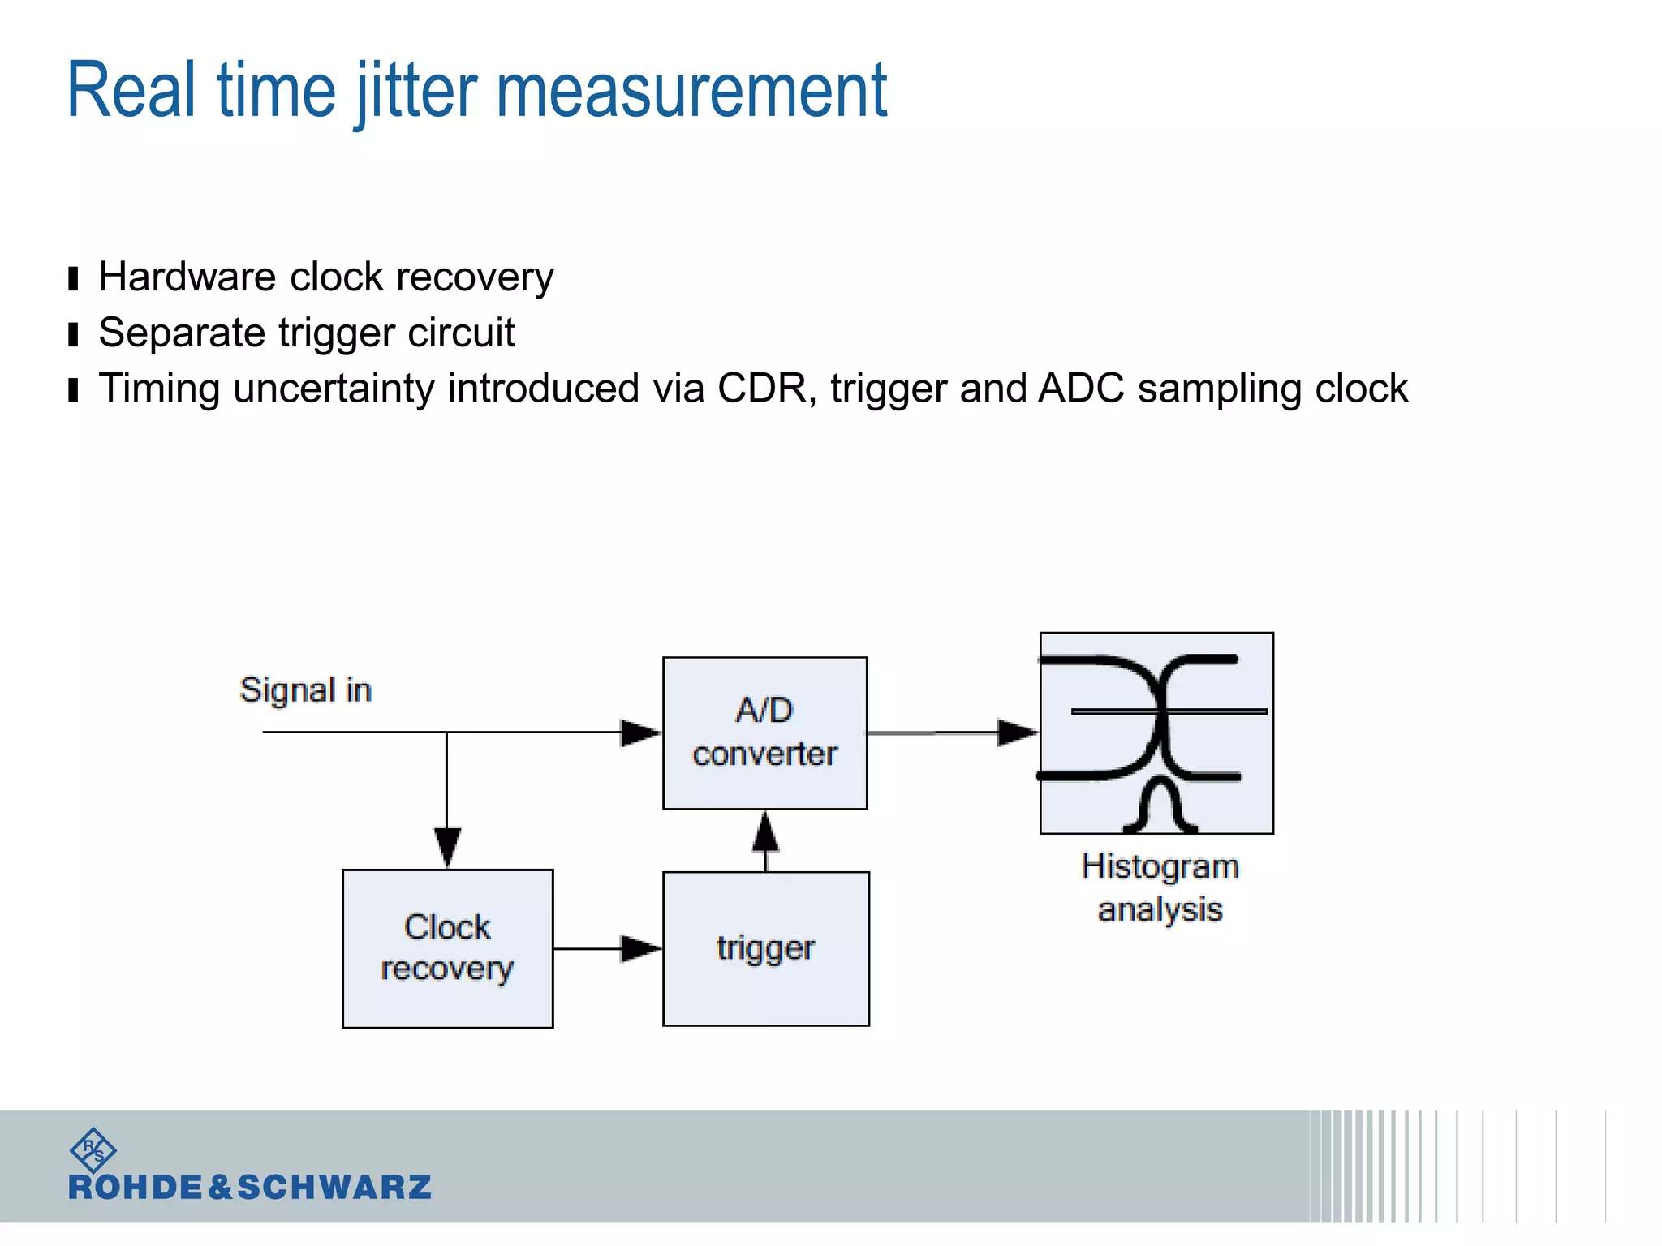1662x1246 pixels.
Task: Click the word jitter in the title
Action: point(416,91)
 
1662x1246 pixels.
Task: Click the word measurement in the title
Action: point(691,91)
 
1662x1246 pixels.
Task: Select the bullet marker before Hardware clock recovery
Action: point(74,279)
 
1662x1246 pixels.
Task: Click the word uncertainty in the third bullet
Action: point(334,388)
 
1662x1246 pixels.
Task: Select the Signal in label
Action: point(305,690)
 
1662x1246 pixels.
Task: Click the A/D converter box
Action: point(764,733)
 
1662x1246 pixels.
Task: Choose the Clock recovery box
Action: point(447,948)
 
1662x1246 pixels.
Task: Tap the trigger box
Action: point(765,948)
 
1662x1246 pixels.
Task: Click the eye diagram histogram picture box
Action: point(1156,733)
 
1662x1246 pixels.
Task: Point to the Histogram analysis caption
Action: point(1160,887)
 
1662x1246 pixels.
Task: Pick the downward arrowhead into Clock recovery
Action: point(447,847)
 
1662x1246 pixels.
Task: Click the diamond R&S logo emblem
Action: point(93,1149)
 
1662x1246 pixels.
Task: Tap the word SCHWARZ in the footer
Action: point(334,1188)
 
